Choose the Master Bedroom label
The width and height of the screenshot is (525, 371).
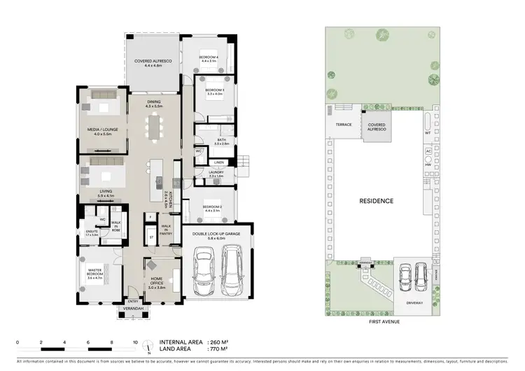click(96, 272)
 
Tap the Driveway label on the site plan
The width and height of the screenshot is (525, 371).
click(416, 302)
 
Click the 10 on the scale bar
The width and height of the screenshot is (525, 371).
click(136, 342)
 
